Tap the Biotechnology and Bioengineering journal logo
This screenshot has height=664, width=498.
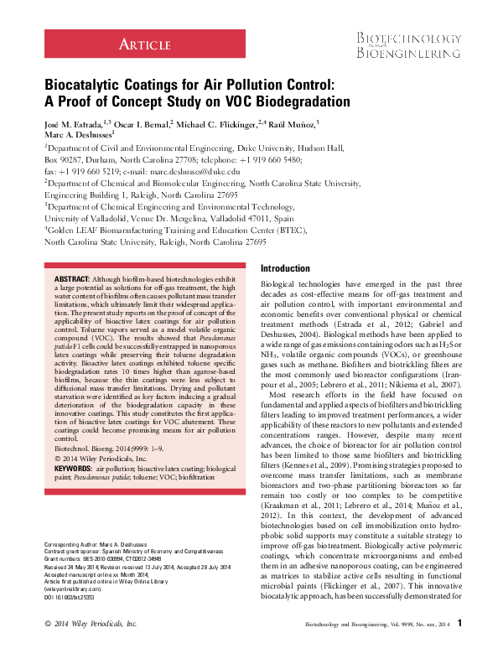[x=410, y=46]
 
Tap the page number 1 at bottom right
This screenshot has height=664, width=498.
[x=459, y=646]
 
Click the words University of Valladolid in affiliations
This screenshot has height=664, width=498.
[x=87, y=217]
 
